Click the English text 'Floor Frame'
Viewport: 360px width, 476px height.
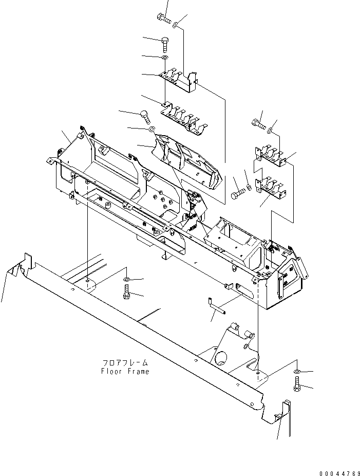(x=126, y=371)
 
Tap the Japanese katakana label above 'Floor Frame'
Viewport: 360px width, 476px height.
(x=126, y=363)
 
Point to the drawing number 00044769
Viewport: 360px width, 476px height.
(x=332, y=472)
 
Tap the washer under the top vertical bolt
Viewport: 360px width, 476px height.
(x=164, y=59)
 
